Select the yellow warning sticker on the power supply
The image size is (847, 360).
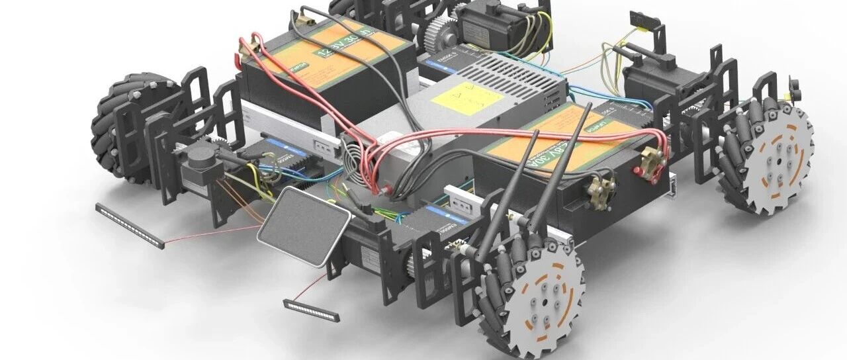click(467, 98)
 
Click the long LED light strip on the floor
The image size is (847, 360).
click(130, 225)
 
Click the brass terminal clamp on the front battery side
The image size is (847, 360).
click(599, 193)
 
